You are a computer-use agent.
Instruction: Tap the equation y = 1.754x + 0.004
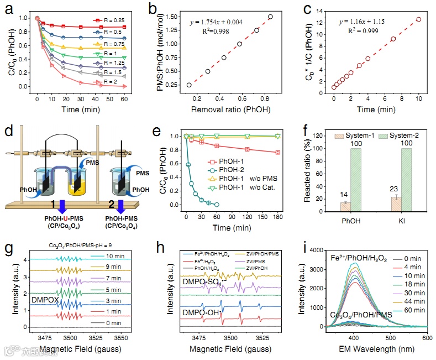coord(207,22)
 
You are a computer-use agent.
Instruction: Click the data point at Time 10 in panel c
coord(419,19)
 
